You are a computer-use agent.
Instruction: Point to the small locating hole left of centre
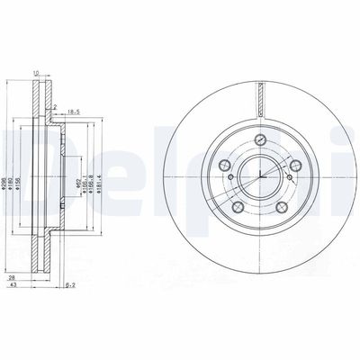(230, 178)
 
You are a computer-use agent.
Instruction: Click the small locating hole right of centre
(288, 178)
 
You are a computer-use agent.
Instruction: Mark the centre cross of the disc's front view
(259, 175)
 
